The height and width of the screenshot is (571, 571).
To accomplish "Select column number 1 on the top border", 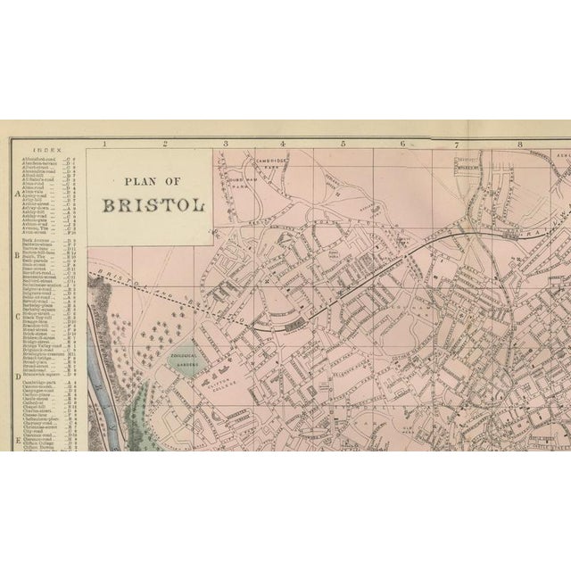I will [x=104, y=143].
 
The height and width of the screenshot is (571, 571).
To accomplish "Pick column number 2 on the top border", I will [x=165, y=143].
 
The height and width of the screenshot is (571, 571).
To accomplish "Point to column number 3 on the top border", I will [x=225, y=143].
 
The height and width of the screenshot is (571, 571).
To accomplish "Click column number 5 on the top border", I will [x=342, y=143].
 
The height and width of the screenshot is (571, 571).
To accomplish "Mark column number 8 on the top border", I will [x=518, y=143].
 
